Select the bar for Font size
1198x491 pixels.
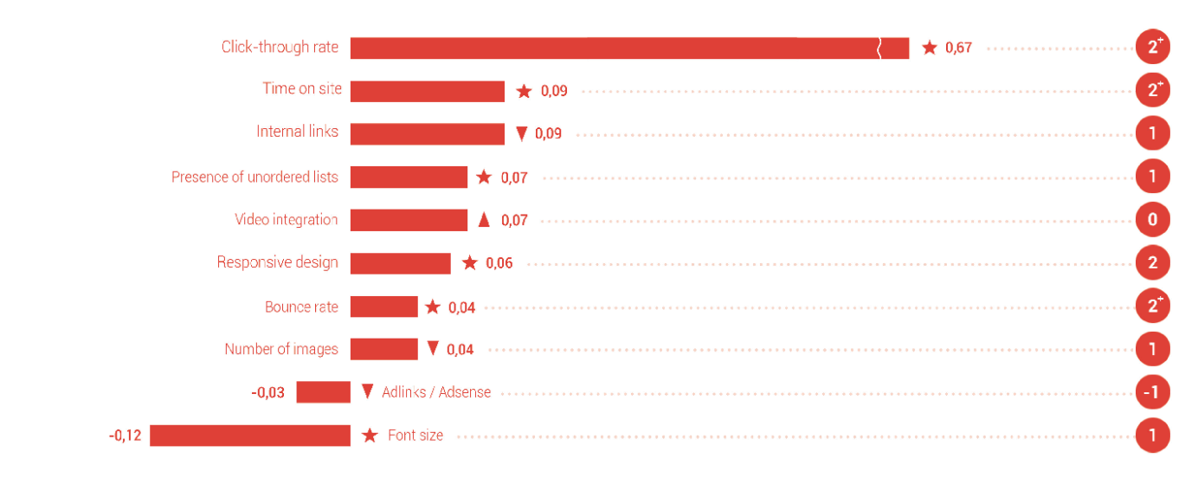250,435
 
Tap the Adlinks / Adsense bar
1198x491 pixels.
323,392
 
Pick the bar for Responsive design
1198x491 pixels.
400,263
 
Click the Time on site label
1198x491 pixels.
302,88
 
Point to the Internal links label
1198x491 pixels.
297,132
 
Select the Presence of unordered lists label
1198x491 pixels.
254,177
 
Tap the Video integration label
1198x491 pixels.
286,220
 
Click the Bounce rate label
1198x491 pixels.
301,307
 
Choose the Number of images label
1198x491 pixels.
281,349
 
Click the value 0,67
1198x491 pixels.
958,48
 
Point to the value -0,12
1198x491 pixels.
125,435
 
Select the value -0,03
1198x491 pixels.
267,392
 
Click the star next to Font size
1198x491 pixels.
370,436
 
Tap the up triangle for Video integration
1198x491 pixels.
484,220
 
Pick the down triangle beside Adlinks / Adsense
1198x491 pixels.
367,391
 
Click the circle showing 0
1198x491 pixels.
1152,220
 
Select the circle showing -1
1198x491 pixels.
1152,392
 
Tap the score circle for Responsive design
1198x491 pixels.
1152,263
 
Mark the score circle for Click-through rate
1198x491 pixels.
1152,48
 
